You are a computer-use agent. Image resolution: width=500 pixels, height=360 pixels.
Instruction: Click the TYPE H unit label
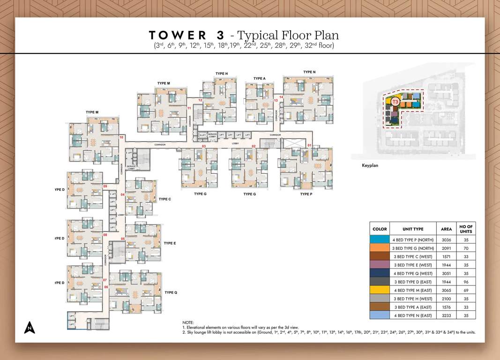(x=222, y=74)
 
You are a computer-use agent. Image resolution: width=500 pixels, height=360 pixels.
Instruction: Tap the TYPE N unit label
(x=309, y=72)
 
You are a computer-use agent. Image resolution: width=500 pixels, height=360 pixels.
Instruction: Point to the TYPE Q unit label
(x=171, y=292)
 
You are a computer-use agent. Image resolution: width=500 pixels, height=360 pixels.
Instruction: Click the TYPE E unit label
(x=170, y=243)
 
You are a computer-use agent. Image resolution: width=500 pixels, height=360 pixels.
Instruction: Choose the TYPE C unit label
(x=165, y=199)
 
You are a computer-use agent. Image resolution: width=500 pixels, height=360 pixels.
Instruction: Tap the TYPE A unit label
(x=260, y=78)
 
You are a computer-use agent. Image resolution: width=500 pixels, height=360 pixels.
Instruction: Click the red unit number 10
(x=121, y=137)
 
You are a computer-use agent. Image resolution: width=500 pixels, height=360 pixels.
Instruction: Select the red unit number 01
(x=309, y=146)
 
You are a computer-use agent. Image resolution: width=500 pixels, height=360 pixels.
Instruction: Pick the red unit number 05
(x=123, y=239)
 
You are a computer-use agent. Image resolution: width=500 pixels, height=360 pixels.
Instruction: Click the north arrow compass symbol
(x=30, y=327)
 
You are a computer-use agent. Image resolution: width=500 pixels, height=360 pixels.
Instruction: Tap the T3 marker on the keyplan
(x=395, y=101)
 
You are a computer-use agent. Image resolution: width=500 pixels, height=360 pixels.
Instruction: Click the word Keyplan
(x=370, y=165)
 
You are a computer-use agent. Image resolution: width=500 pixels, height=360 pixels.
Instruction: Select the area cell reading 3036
(x=447, y=239)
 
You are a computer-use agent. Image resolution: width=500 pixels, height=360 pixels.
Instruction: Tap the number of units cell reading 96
(x=466, y=281)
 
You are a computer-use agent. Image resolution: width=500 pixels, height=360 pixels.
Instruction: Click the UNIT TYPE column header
(x=413, y=229)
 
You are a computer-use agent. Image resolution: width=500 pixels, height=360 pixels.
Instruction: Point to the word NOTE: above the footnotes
(x=188, y=322)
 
